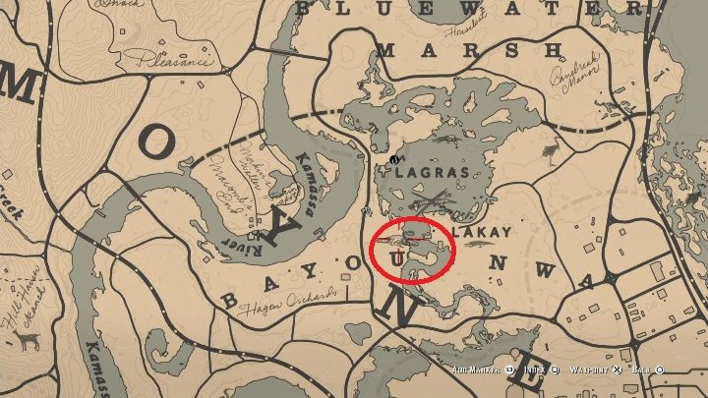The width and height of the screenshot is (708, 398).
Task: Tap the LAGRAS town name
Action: [426, 171]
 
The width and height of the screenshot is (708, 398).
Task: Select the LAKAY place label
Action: [483, 234]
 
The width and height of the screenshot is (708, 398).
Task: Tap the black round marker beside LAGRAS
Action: [394, 159]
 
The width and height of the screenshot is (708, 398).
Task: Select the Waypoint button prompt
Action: [595, 370]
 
